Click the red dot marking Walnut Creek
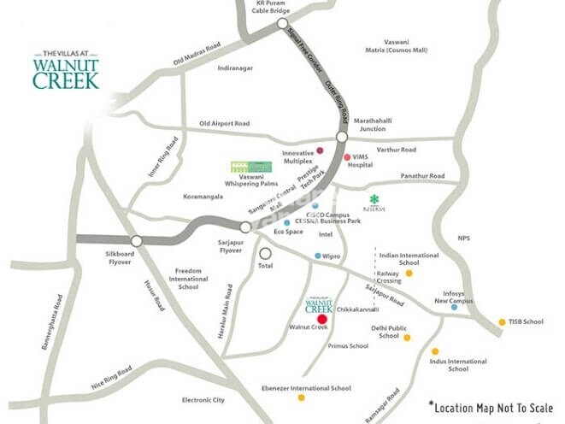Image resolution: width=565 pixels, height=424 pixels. pyautogui.click(x=321, y=318)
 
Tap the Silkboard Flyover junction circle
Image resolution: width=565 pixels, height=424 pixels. pyautogui.click(x=135, y=241)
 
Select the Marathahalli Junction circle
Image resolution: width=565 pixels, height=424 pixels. pyautogui.click(x=341, y=137)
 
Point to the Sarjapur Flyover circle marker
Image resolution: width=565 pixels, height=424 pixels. pyautogui.click(x=245, y=227)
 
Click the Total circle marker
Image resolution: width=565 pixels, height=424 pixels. pyautogui.click(x=266, y=253)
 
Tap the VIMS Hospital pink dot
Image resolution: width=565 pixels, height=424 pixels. pyautogui.click(x=347, y=157)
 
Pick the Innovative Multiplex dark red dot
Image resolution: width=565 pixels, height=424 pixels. pyautogui.click(x=320, y=150)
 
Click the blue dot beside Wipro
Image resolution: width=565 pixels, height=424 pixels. pyautogui.click(x=317, y=256)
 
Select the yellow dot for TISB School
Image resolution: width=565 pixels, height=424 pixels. pyautogui.click(x=502, y=322)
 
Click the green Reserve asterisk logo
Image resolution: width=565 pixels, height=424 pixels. pyautogui.click(x=374, y=198)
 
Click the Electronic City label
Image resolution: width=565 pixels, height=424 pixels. pyautogui.click(x=203, y=400)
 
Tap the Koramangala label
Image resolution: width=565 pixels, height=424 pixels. pyautogui.click(x=203, y=197)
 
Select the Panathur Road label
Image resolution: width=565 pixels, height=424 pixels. pyautogui.click(x=422, y=176)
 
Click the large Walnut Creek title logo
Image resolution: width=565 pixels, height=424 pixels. pyautogui.click(x=66, y=69)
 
